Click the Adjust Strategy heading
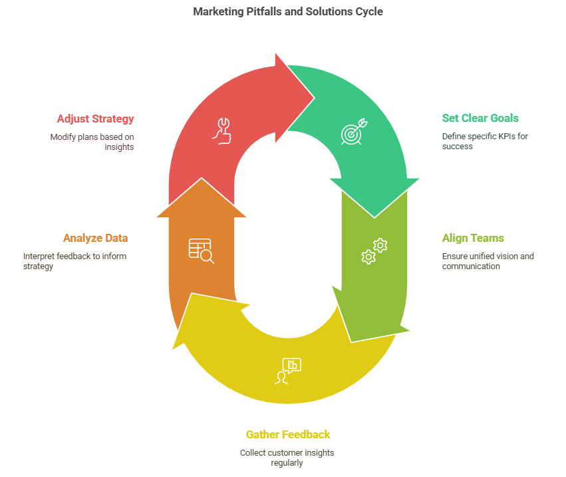pos(95,119)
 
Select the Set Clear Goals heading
pos(480,119)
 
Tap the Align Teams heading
pos(473,238)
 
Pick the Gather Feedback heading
pos(287,434)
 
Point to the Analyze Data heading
pos(95,238)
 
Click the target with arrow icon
pos(353,133)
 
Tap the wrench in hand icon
pos(221,131)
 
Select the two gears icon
pos(374,250)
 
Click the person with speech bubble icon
pos(287,371)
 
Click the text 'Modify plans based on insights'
pos(92,142)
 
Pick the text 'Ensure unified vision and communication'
pos(488,261)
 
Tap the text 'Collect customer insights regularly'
pos(287,458)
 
